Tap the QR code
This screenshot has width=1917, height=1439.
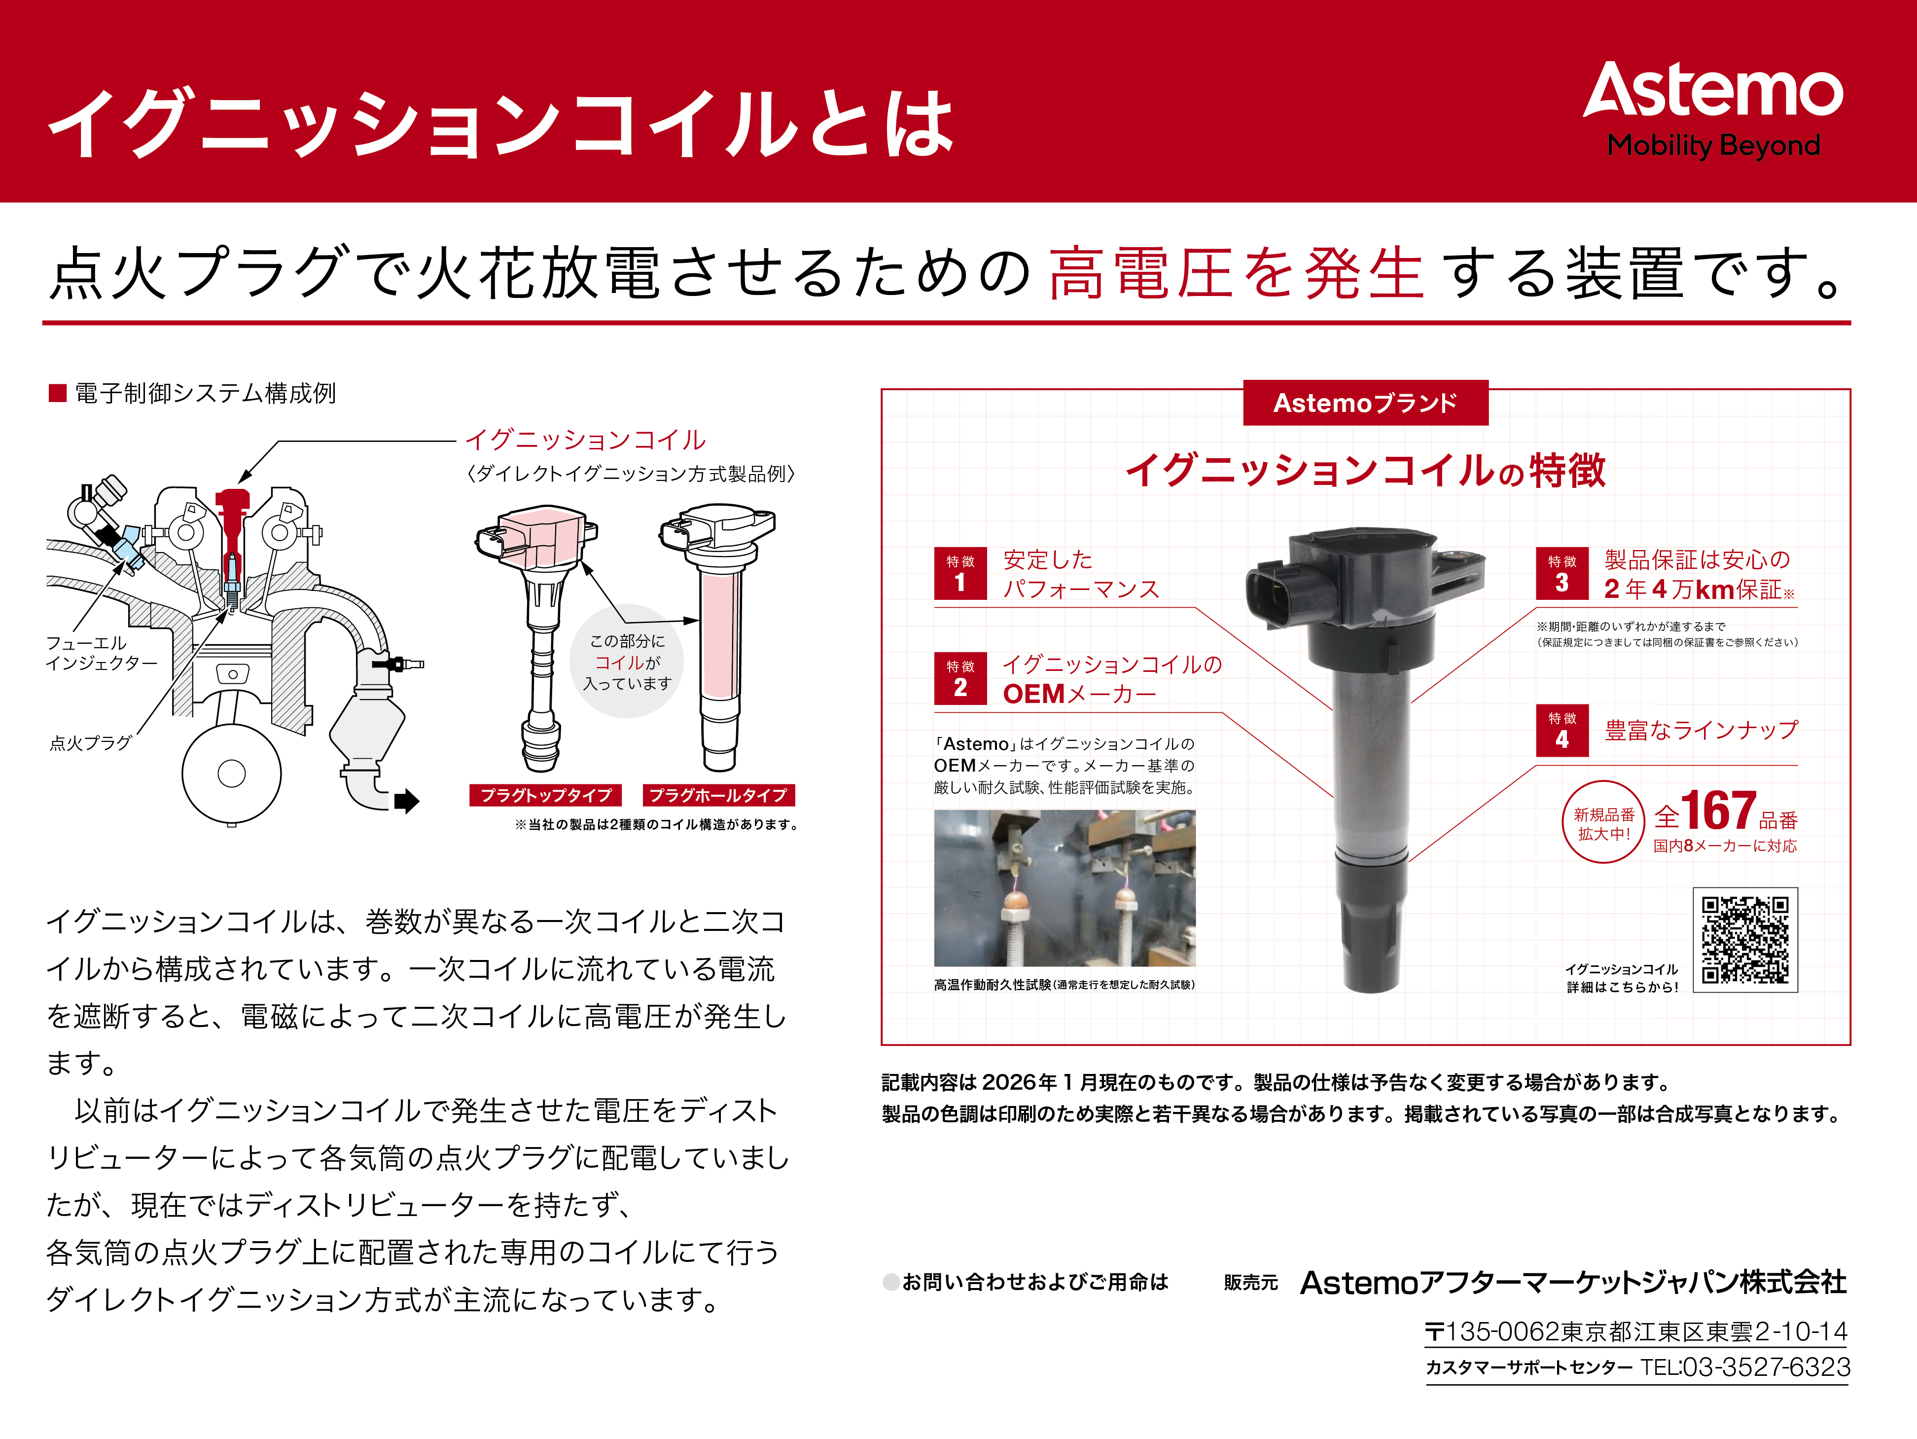coord(1744,940)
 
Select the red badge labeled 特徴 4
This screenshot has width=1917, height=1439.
coord(1562,731)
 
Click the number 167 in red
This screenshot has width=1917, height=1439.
coord(1718,812)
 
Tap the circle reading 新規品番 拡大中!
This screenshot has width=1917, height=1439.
coord(1603,823)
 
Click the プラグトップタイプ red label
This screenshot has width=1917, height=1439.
coord(546,795)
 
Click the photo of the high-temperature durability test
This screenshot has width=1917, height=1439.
coord(1064,887)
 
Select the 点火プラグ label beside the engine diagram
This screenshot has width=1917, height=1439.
coord(90,743)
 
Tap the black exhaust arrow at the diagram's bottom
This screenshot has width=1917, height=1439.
coord(406,801)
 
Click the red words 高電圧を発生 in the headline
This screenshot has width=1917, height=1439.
coord(1236,272)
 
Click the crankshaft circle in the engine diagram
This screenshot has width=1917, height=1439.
coord(231,773)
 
